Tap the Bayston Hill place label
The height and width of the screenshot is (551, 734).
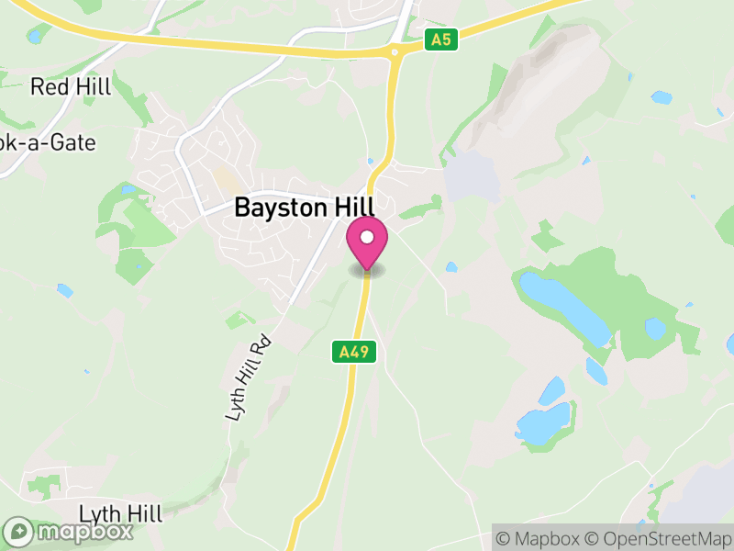(x=305, y=207)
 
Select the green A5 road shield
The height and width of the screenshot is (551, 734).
(x=441, y=39)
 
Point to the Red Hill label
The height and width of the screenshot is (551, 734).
(x=71, y=87)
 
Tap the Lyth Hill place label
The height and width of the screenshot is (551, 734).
(x=120, y=512)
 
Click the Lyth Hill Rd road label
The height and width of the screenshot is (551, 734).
(x=250, y=377)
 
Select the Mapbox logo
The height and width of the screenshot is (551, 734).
(x=69, y=532)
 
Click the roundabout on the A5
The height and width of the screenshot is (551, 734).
(x=395, y=53)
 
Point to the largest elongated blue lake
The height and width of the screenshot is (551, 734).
(x=563, y=305)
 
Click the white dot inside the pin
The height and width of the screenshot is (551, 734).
(x=367, y=237)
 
